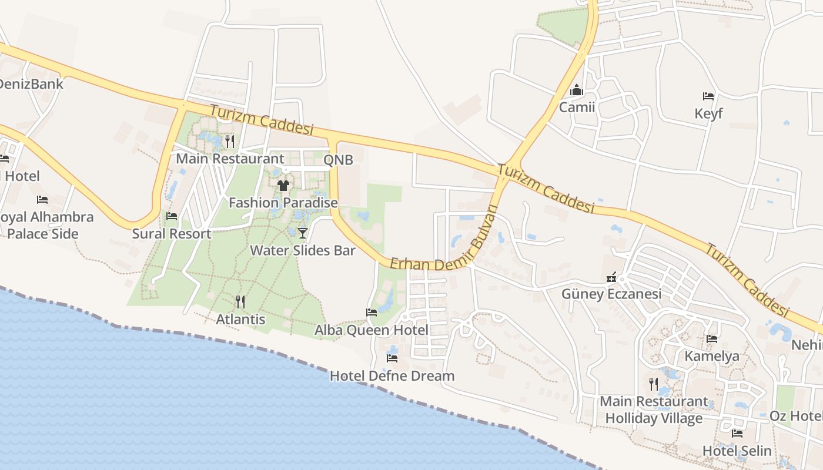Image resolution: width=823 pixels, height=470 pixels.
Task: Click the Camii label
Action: click(x=577, y=108)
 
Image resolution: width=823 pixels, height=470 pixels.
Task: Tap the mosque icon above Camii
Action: click(x=577, y=90)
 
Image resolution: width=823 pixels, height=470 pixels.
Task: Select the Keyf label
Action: click(x=708, y=113)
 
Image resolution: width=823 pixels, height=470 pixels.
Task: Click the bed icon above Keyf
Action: click(x=708, y=96)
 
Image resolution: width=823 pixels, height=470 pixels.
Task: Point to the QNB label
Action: click(x=339, y=159)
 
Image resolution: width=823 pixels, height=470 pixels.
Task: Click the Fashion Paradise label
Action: click(x=283, y=203)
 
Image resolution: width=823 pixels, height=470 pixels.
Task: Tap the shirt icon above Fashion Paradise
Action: click(x=283, y=186)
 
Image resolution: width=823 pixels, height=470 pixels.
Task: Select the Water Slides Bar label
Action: click(x=303, y=250)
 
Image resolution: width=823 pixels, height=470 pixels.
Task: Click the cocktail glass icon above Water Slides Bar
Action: click(x=302, y=233)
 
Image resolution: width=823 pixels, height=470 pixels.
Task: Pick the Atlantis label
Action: click(x=240, y=320)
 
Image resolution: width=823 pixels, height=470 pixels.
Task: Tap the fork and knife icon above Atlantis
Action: click(x=240, y=302)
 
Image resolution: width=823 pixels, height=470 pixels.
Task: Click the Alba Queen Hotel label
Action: click(x=372, y=330)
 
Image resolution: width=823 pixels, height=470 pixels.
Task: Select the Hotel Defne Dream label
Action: click(x=392, y=375)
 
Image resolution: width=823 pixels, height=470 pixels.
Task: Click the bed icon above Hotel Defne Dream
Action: click(x=392, y=358)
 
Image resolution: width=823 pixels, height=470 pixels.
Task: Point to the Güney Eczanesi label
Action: click(x=611, y=294)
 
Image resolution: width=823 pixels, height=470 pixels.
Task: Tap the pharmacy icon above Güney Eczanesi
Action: click(x=611, y=277)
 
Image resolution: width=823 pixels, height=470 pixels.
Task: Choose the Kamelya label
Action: click(x=712, y=356)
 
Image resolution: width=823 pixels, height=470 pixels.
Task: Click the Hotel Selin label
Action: click(x=737, y=451)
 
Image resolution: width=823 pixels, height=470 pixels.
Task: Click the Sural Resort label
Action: click(x=172, y=233)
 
